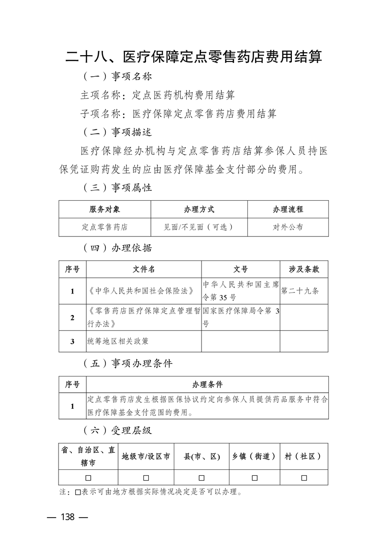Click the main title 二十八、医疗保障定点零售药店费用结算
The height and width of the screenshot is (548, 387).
(194, 57)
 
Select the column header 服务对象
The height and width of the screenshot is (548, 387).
(104, 209)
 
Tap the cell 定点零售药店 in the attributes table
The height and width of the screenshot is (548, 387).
(104, 227)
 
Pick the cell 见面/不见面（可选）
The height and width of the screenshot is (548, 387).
(199, 227)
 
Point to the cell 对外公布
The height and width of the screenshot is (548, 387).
(288, 227)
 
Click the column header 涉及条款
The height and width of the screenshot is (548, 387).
(304, 269)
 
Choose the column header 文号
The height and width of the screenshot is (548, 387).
(241, 269)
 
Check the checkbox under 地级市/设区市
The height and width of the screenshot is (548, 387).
(146, 477)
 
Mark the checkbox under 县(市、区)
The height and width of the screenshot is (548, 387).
(202, 477)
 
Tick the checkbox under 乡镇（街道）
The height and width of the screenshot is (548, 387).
(254, 477)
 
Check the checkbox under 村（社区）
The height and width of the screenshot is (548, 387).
(304, 477)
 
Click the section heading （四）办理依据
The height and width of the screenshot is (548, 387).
(118, 248)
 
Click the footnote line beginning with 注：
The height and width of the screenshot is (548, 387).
(151, 491)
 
